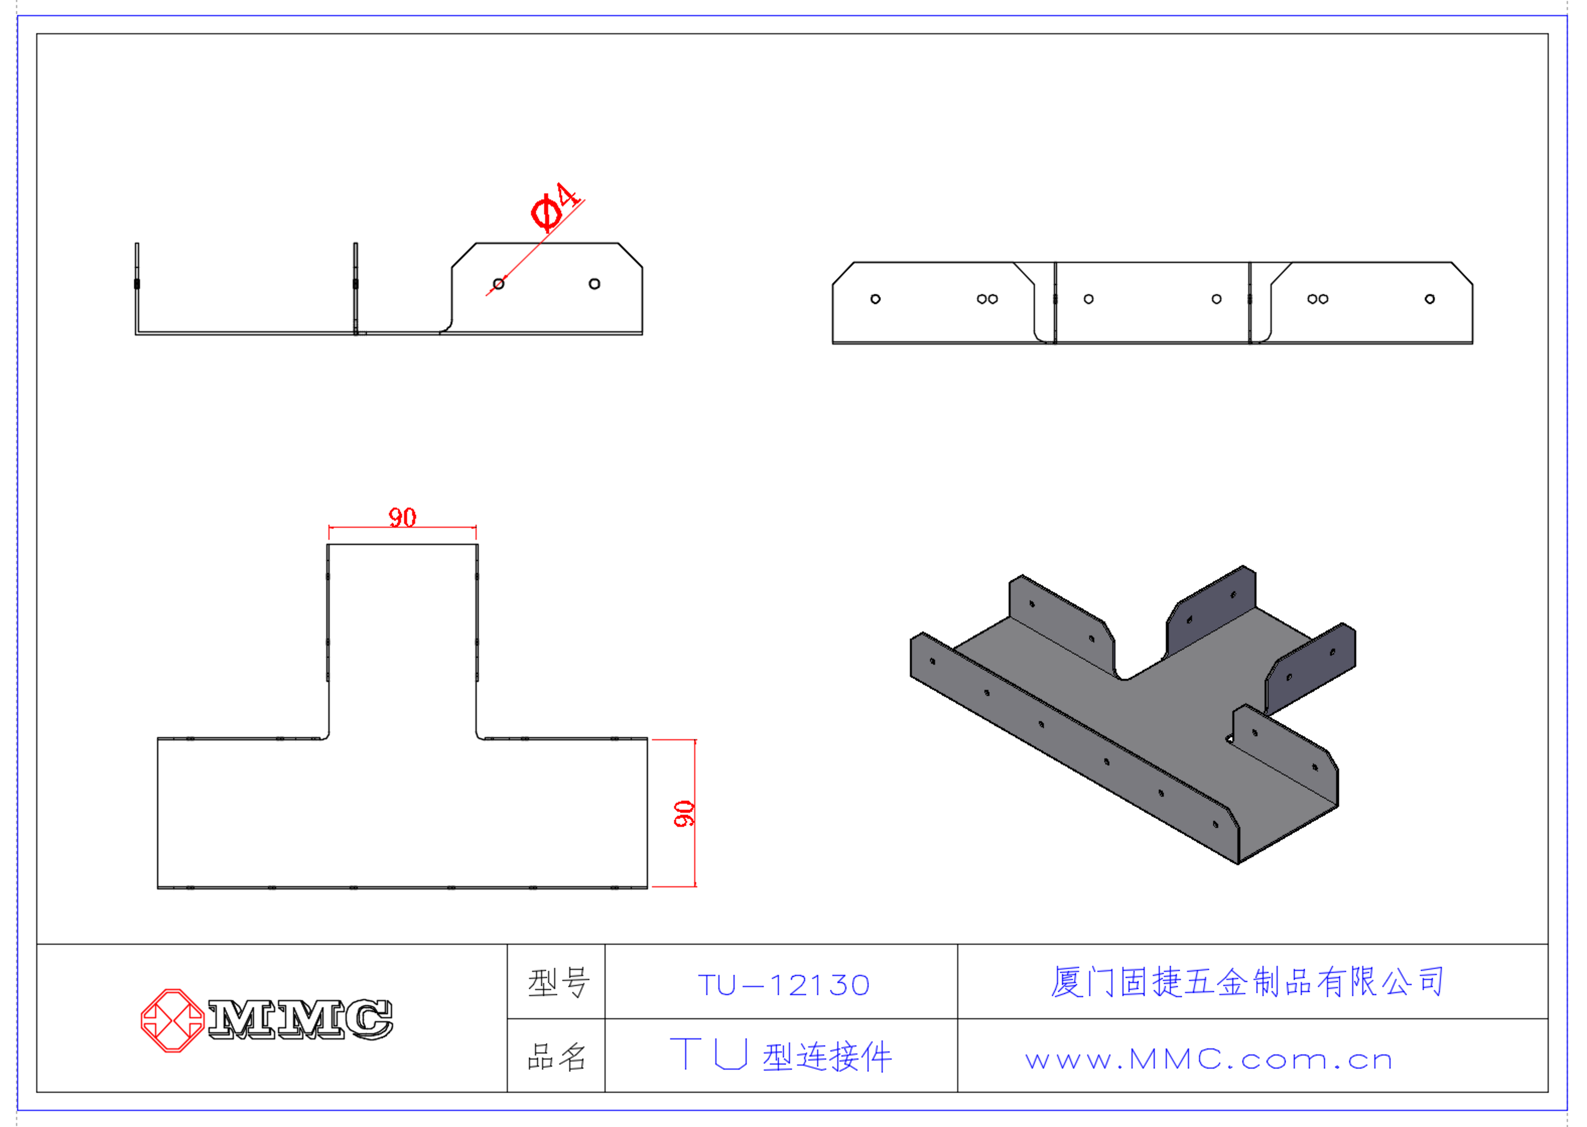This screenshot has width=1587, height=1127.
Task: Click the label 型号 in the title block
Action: click(557, 982)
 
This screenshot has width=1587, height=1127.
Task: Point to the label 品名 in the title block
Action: click(557, 1058)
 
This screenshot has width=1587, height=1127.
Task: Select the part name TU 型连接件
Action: click(780, 1056)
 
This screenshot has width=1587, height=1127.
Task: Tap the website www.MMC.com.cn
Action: click(1209, 1060)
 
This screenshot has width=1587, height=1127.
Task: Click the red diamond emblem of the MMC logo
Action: click(172, 1020)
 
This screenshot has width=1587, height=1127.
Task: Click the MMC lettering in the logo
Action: click(300, 1019)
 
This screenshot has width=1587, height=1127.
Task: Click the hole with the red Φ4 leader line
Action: click(498, 284)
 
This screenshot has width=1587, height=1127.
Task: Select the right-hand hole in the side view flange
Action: click(594, 284)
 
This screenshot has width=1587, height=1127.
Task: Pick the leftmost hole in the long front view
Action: click(876, 299)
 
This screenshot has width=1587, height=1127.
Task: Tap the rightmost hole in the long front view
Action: click(1429, 299)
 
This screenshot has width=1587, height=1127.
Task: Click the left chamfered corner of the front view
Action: click(843, 273)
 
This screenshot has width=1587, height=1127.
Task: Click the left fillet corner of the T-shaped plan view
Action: click(325, 736)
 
